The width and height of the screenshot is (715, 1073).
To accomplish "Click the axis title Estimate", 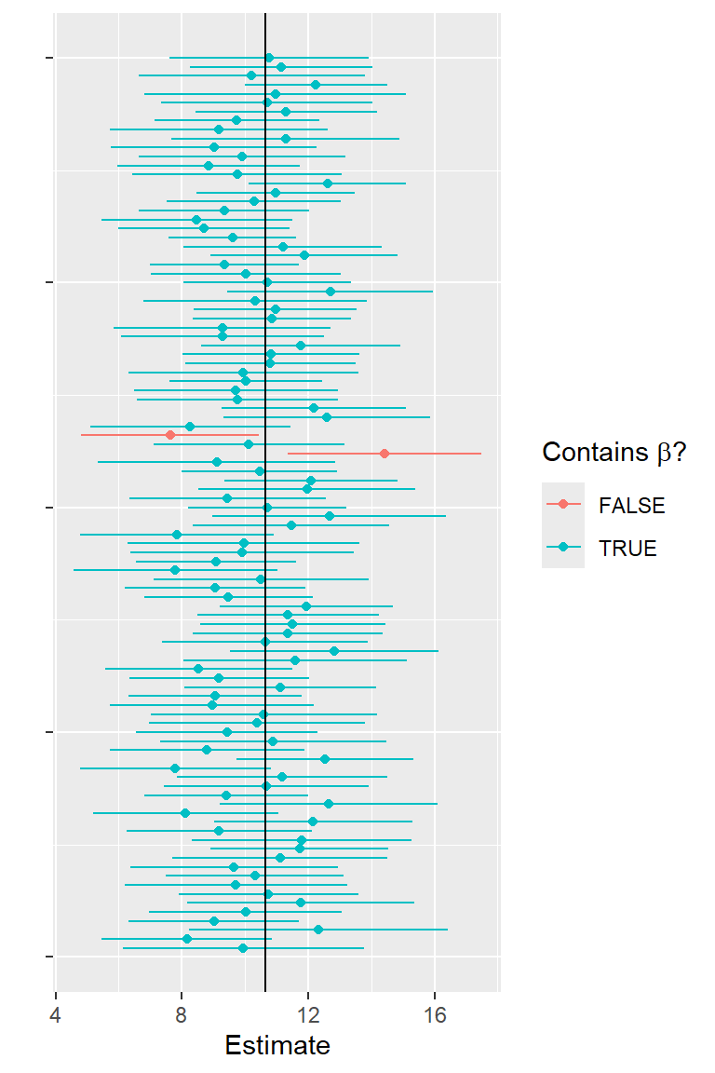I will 277,1045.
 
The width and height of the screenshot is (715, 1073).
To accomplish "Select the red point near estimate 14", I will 384,454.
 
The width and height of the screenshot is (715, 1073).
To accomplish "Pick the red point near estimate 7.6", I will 169,435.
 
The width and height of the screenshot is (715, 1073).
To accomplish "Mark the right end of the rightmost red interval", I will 481,454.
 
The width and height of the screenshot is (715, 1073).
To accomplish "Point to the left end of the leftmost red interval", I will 81,435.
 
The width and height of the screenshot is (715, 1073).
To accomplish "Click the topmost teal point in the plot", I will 269,58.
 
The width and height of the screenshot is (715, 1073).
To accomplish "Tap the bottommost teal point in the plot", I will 243,948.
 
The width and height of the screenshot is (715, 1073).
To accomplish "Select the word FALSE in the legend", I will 632,506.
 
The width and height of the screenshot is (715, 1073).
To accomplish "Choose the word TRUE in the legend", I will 627,549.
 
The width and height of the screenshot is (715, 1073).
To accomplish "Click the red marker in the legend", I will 562,506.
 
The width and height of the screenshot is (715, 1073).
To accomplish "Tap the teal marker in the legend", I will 562,549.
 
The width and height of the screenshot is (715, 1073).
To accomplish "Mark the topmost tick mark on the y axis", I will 48,58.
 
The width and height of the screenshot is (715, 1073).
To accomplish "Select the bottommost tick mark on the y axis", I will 48,957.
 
